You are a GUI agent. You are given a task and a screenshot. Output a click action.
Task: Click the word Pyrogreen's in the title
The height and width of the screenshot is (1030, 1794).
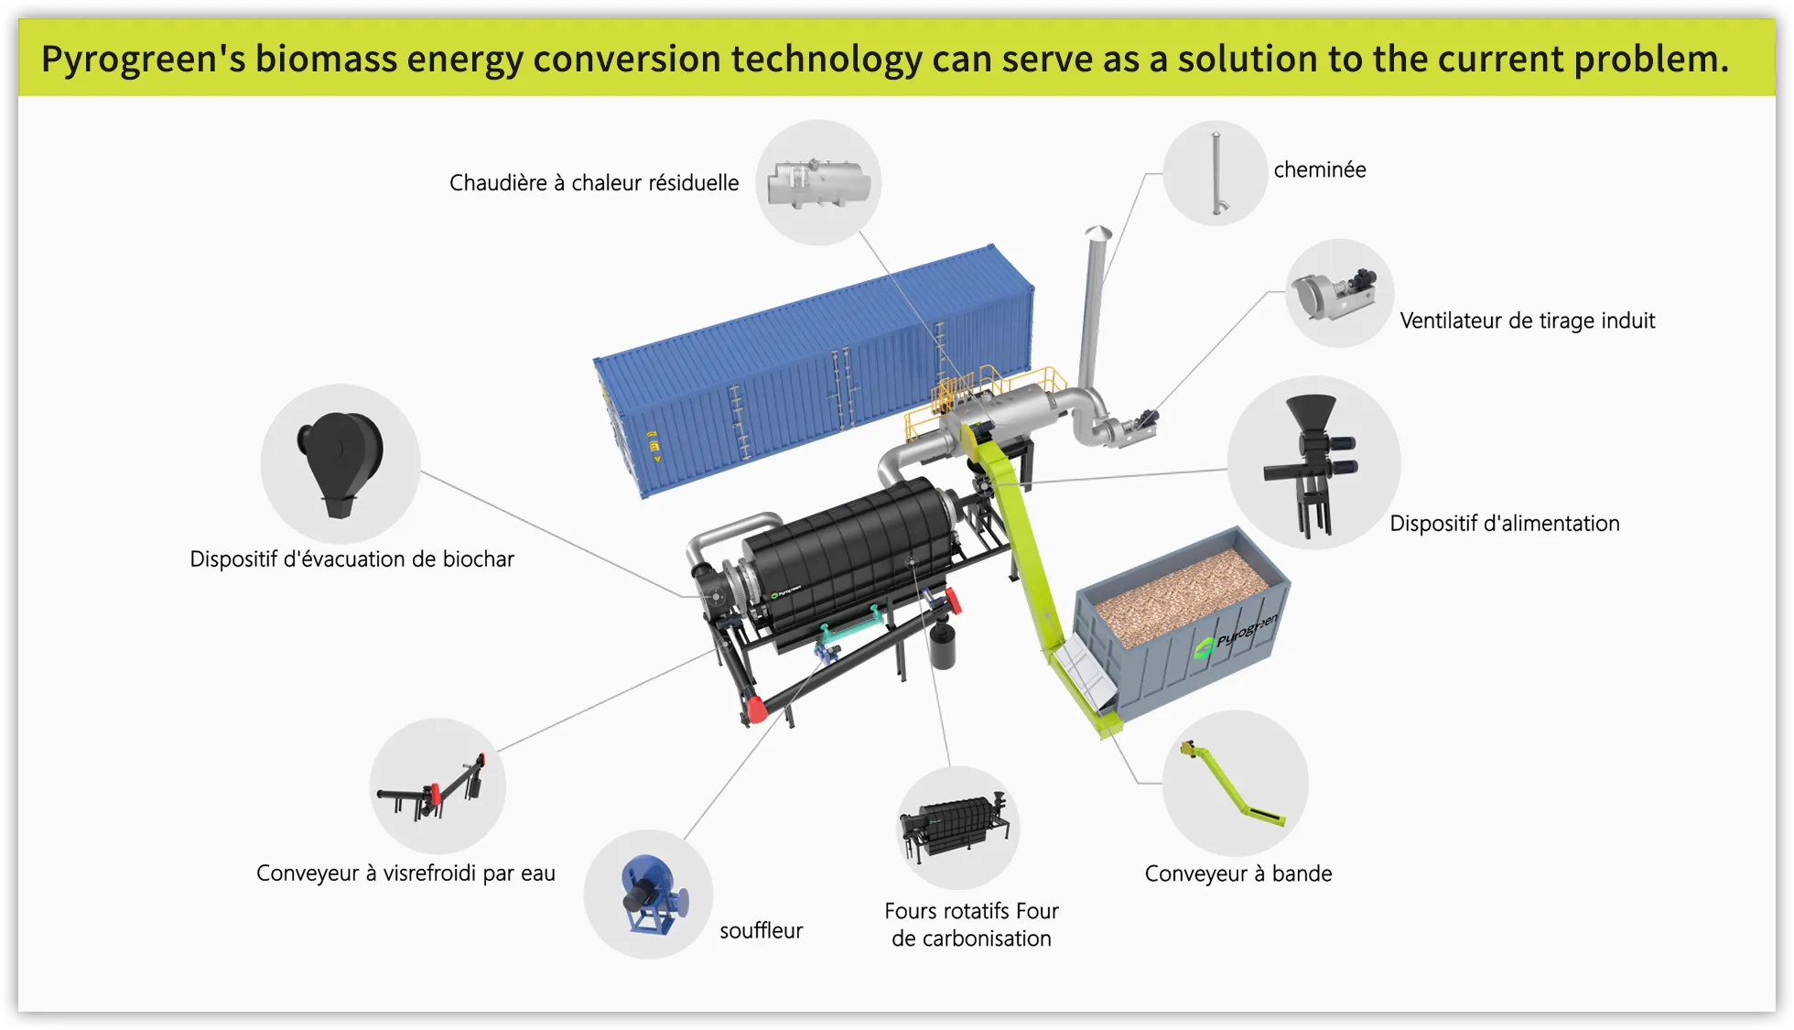tap(143, 60)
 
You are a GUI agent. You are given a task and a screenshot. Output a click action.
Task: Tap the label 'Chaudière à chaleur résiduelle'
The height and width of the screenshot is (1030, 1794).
tap(594, 183)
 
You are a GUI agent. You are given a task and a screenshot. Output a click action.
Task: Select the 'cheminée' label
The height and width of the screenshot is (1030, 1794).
tap(1320, 169)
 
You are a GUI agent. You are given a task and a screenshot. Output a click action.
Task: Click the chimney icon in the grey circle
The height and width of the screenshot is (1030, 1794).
tap(1217, 173)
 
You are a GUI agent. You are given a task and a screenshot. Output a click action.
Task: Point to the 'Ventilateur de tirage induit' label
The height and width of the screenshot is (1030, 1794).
tap(1528, 320)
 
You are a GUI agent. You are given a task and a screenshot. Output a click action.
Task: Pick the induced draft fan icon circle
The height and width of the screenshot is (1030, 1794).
tap(1340, 293)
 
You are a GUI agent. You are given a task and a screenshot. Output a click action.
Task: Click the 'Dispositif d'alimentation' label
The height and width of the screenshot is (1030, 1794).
tap(1505, 524)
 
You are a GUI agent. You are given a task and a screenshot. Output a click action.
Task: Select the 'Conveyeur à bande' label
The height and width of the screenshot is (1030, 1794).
tap(1238, 873)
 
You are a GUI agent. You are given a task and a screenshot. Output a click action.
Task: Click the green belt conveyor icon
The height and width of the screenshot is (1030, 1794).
tap(1232, 784)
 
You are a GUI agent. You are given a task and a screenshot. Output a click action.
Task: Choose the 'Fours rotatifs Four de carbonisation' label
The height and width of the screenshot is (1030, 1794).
tap(971, 925)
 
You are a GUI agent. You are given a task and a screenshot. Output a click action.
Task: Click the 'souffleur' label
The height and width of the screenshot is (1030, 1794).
tap(761, 931)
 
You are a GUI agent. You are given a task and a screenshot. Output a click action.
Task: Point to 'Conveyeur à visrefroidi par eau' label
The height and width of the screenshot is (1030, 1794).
tap(405, 873)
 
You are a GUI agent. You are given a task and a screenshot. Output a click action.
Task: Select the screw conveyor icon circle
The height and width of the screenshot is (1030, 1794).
tap(438, 786)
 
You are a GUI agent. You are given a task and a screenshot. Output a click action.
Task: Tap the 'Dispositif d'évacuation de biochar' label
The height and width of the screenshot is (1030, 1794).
tap(351, 559)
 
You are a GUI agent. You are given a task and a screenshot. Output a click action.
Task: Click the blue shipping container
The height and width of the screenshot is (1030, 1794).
tap(814, 371)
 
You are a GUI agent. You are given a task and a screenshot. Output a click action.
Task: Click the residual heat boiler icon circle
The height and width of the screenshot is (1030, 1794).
tap(818, 182)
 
